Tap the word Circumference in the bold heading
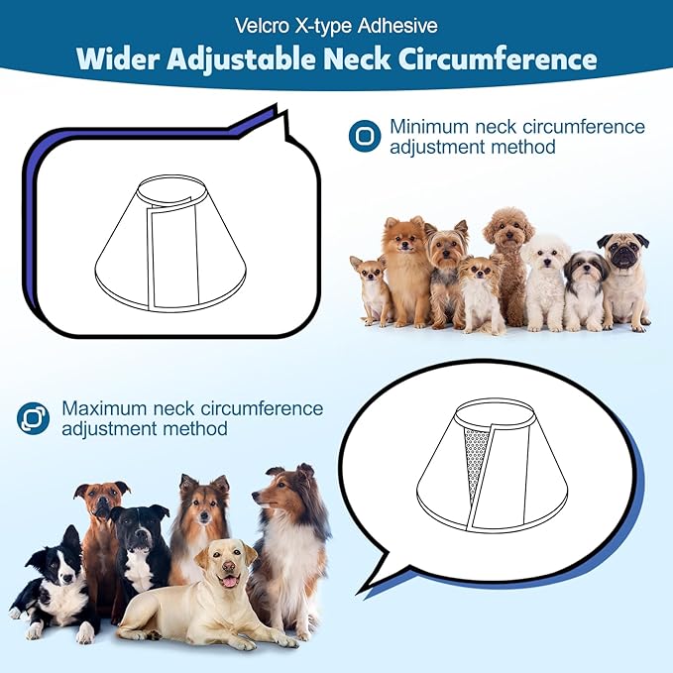coord(497,58)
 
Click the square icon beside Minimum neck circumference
coord(365,136)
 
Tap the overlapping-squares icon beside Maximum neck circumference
coord(33,417)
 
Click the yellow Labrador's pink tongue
coord(231,582)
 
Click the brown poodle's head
coord(509,229)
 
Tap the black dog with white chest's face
coord(138,528)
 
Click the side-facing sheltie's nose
coord(255,498)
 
